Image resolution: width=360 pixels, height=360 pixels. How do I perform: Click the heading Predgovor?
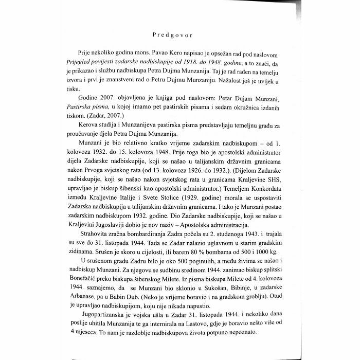179,35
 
